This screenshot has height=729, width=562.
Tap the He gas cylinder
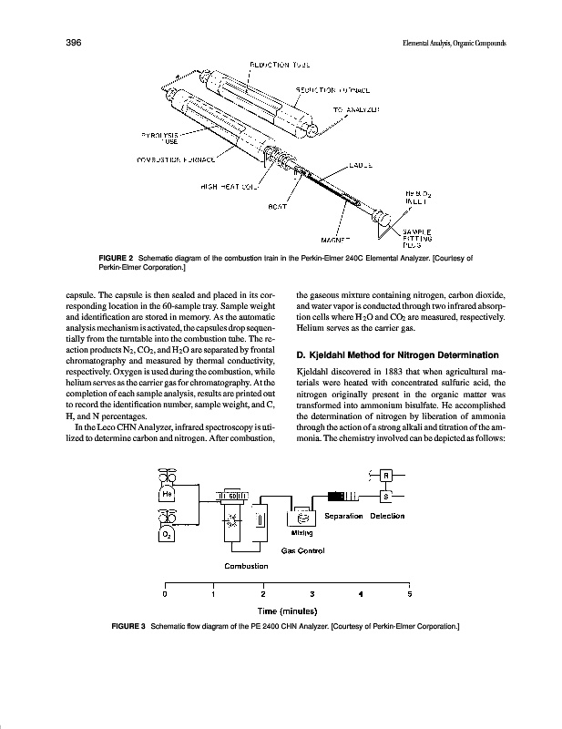coord(167,488)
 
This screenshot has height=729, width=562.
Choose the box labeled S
coord(385,497)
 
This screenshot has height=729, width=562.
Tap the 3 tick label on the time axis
coord(312,594)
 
